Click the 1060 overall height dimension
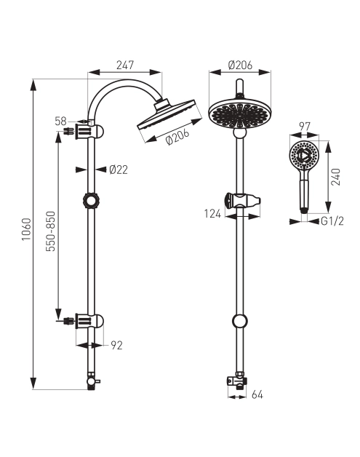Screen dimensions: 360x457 pyautogui.click(x=26, y=229)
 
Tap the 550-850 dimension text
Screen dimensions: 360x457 pyautogui.click(x=51, y=231)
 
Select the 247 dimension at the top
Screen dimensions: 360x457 pyautogui.click(x=125, y=65)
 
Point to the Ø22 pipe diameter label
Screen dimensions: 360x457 pyautogui.click(x=119, y=170)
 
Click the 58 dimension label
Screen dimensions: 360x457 pyautogui.click(x=60, y=121)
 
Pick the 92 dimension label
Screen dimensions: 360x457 pyautogui.click(x=116, y=346)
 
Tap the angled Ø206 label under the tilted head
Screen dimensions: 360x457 pyautogui.click(x=177, y=136)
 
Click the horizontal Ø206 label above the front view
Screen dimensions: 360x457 pyautogui.click(x=240, y=65)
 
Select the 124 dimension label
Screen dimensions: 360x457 pyautogui.click(x=212, y=214)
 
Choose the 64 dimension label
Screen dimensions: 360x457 pyautogui.click(x=257, y=394)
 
